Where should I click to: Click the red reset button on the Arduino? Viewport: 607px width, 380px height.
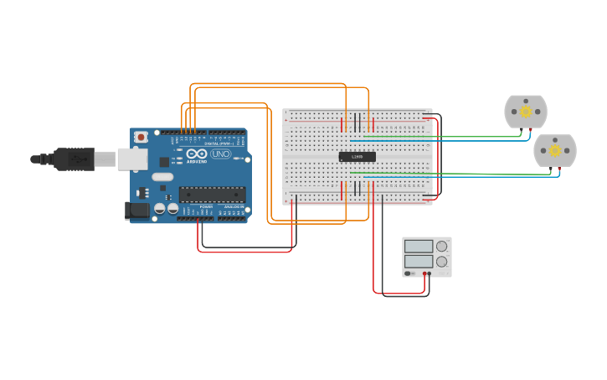click(x=141, y=136)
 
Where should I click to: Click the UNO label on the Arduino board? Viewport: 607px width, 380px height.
click(x=221, y=154)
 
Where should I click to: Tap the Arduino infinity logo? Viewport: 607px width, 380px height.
click(x=198, y=154)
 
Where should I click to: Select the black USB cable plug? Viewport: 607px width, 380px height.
click(x=75, y=159)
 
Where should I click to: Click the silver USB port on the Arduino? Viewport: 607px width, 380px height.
click(x=131, y=159)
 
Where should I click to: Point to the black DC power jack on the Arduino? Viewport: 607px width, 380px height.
click(x=136, y=211)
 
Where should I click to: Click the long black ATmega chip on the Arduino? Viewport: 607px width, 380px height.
click(x=212, y=195)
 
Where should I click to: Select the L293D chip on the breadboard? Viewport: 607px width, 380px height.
click(x=357, y=157)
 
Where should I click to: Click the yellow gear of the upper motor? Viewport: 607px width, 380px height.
click(x=526, y=112)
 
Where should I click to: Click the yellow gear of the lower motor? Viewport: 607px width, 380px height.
click(x=554, y=150)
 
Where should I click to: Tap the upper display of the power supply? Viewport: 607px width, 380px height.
click(x=418, y=247)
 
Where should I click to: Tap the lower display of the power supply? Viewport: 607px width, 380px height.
click(x=418, y=261)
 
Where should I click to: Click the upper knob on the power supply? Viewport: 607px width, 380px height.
click(x=441, y=247)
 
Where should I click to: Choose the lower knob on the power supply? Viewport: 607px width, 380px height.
click(x=441, y=261)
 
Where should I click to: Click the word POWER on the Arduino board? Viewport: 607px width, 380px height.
click(x=206, y=206)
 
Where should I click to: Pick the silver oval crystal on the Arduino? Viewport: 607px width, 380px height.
click(x=162, y=177)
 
